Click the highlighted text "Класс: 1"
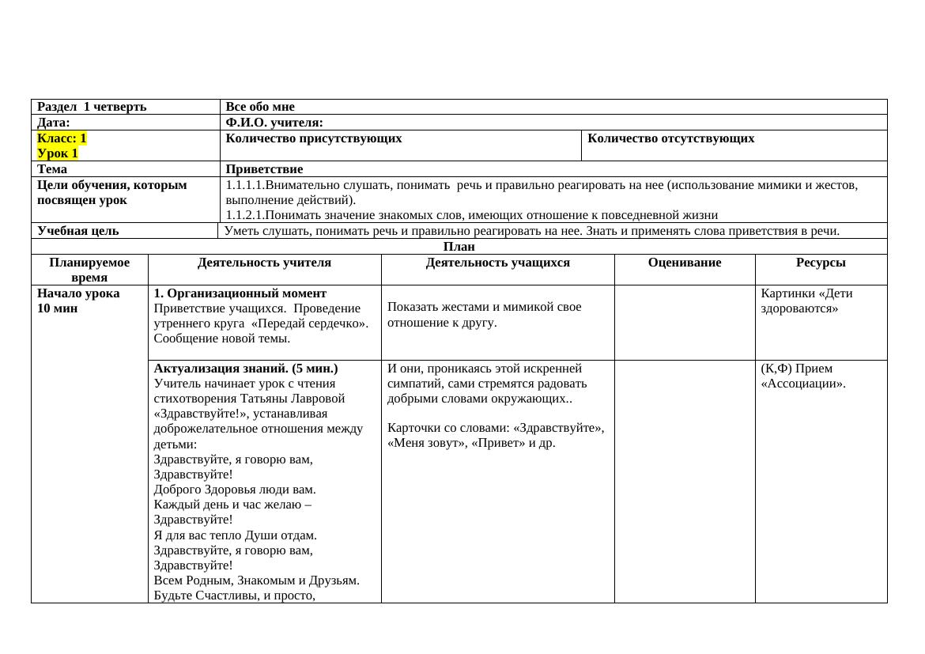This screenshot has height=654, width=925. (62, 138)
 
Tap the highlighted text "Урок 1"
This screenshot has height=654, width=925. (58, 153)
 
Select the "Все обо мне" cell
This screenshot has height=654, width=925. (260, 107)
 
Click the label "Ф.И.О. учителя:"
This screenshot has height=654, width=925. (274, 123)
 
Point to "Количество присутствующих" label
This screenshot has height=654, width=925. (314, 138)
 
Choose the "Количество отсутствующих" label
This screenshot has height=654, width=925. (670, 138)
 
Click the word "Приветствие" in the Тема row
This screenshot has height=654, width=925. (264, 169)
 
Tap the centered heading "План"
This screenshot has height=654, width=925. (459, 247)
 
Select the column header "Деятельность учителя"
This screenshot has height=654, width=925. (264, 263)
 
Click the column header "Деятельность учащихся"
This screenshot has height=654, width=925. (497, 263)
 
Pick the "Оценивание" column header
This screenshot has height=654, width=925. (685, 263)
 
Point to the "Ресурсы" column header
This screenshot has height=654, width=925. (821, 263)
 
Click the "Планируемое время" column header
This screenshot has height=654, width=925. (89, 270)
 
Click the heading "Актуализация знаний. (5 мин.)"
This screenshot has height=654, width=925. (246, 369)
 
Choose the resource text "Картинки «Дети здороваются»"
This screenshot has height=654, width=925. (806, 301)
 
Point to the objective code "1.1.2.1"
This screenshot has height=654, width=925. (245, 215)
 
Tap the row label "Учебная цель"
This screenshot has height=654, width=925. (78, 231)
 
